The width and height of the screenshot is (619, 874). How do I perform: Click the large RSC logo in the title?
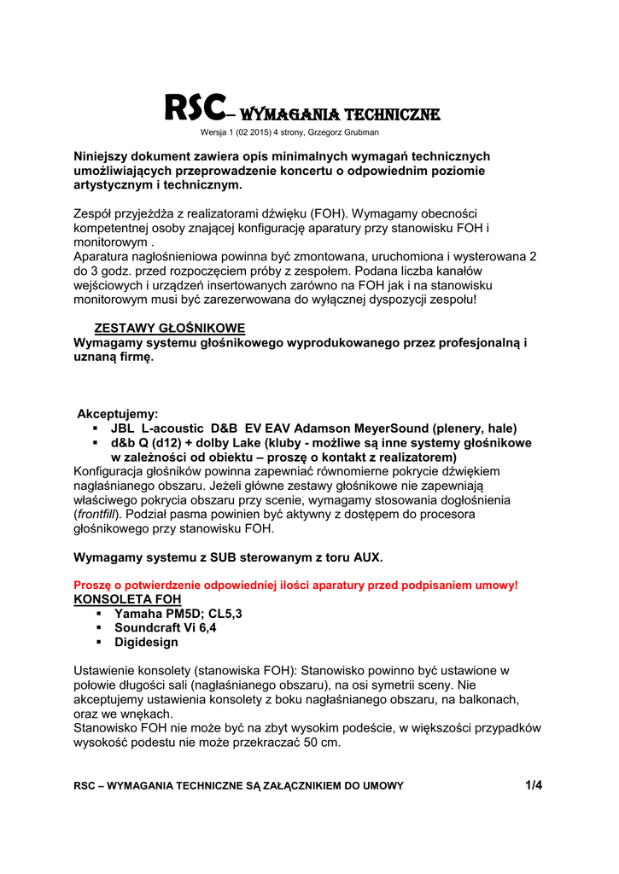(x=195, y=108)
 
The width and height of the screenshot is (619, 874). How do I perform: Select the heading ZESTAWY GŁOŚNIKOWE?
(x=169, y=329)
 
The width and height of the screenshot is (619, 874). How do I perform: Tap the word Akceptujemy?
(x=117, y=413)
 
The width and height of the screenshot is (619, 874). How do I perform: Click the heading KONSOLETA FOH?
(x=127, y=599)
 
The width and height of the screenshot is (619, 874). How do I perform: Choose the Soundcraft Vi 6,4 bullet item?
(x=165, y=628)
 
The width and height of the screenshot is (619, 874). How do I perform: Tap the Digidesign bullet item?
(x=146, y=643)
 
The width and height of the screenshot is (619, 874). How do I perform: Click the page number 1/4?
(x=534, y=785)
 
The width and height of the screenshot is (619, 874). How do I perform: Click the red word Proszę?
(x=93, y=586)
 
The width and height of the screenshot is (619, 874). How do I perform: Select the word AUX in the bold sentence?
(x=367, y=557)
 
